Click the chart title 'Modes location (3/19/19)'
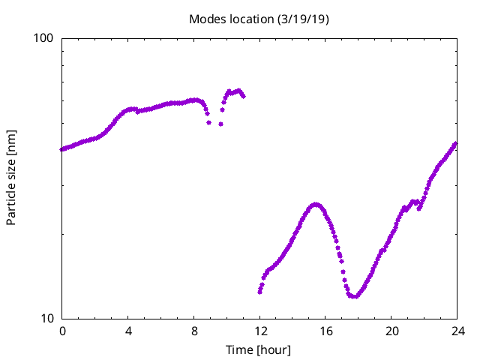[259, 19]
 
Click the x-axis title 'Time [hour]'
[259, 349]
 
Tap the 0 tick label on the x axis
[62, 331]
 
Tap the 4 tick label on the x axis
[128, 331]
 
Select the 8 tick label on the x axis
[194, 331]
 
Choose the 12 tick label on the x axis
[259, 331]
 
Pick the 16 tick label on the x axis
[325, 331]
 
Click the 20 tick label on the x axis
[391, 331]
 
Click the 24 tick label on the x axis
[457, 331]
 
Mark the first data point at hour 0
[62, 149]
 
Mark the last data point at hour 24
[455, 143]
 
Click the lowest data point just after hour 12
[259, 292]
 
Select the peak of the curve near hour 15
[316, 204]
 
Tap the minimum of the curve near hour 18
[352, 296]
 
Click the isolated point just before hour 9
[208, 122]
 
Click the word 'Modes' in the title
[205, 19]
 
